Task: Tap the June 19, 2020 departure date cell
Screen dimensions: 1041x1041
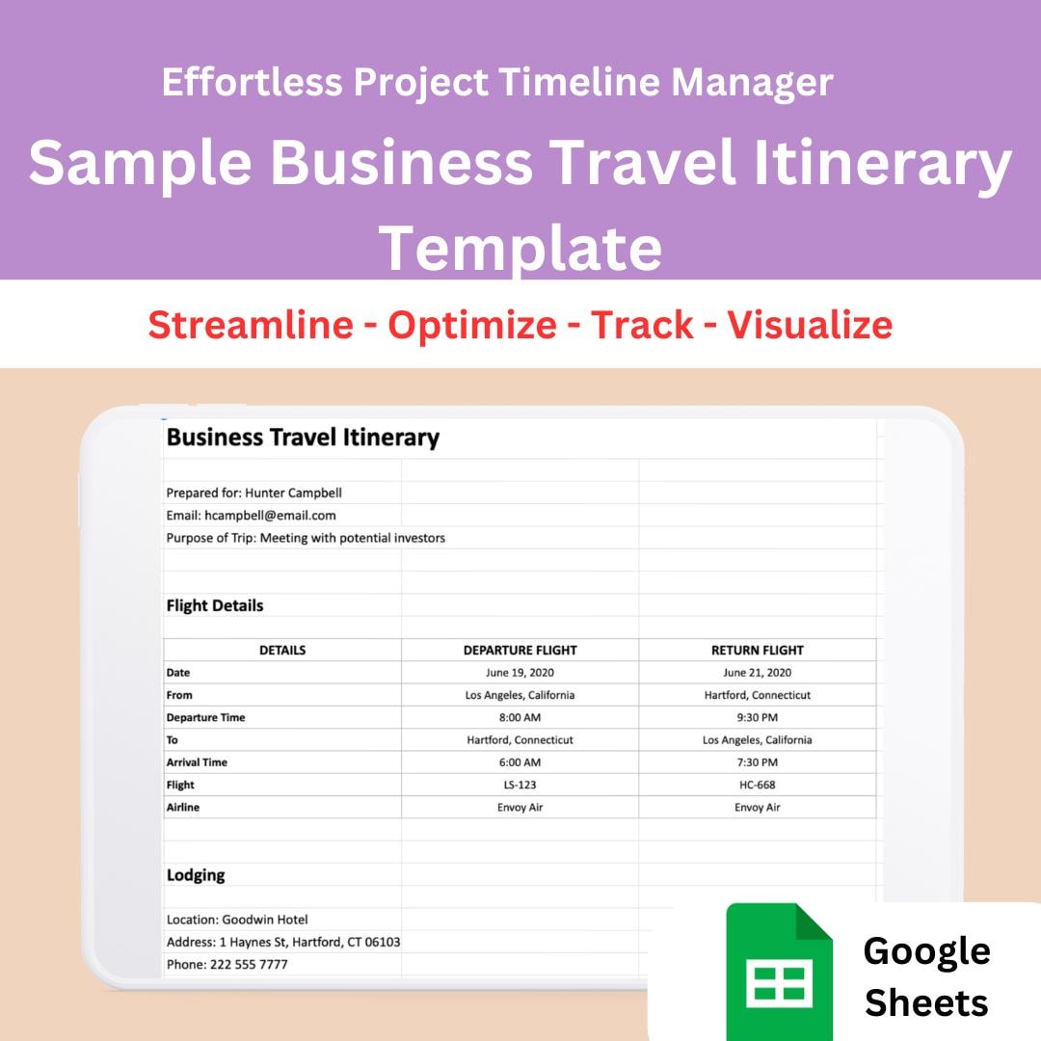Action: (x=520, y=673)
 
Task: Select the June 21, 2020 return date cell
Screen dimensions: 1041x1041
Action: (x=758, y=673)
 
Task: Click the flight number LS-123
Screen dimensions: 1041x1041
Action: (x=520, y=785)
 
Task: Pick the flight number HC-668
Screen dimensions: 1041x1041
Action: (x=758, y=785)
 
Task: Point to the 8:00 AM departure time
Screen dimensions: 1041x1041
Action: (x=520, y=717)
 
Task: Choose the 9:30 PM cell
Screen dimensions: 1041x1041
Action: (x=758, y=717)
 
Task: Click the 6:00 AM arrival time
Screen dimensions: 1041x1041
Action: (x=520, y=762)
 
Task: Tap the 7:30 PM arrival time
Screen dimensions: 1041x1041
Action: (x=758, y=762)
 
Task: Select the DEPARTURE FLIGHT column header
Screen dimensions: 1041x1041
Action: (x=520, y=651)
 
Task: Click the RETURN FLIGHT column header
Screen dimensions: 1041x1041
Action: (x=758, y=651)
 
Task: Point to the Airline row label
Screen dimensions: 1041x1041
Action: (x=183, y=808)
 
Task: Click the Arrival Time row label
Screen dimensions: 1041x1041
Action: (x=197, y=762)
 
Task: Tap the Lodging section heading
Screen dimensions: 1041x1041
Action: (x=196, y=875)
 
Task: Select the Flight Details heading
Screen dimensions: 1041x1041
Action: (x=215, y=605)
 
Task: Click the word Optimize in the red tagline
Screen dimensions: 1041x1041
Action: (x=472, y=325)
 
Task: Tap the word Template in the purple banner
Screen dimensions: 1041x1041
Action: (x=520, y=248)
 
